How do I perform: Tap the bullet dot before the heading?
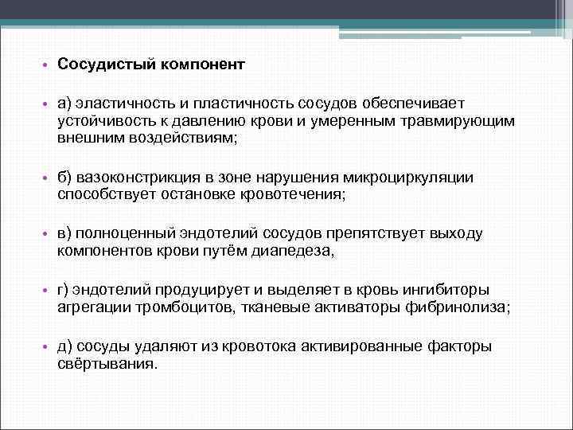coord(46,64)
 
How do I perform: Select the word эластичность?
coord(118,103)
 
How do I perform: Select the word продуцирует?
coord(195,289)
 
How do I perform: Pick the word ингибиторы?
coord(447,289)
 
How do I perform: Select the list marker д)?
coord(65,346)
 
